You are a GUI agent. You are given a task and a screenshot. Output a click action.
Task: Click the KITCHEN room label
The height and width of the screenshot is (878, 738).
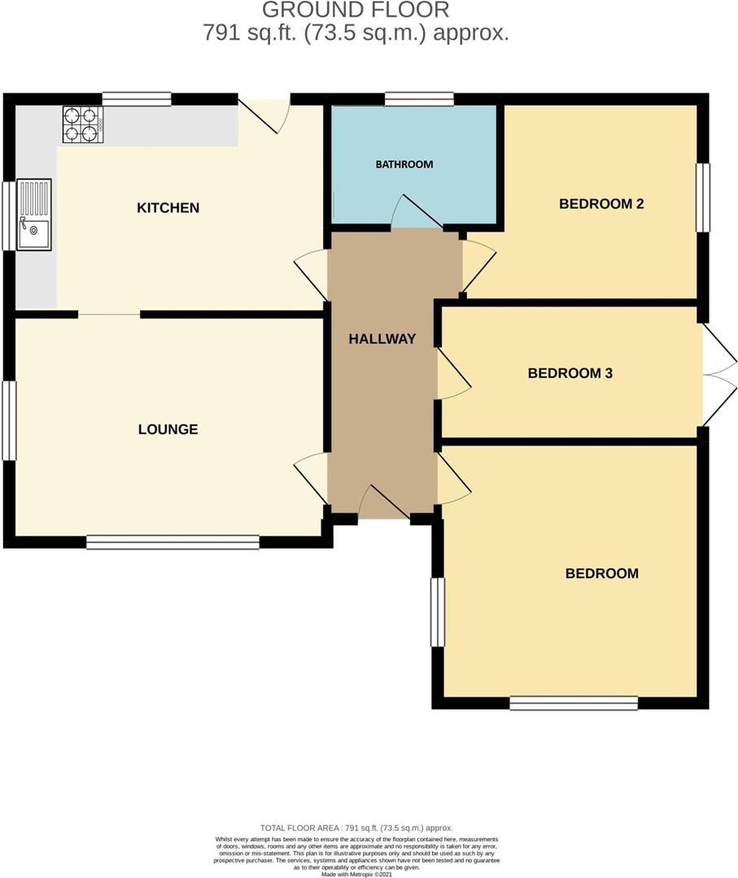click(168, 208)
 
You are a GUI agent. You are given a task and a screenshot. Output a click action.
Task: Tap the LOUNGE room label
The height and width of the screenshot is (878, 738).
click(168, 429)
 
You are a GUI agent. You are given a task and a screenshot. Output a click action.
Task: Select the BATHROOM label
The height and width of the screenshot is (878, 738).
click(404, 164)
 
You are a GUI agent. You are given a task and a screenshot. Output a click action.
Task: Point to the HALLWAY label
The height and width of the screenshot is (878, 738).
click(382, 339)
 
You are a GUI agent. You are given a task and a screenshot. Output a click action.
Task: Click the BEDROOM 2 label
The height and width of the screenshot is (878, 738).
click(601, 204)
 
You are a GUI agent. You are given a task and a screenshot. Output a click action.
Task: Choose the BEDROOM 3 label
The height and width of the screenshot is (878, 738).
click(570, 373)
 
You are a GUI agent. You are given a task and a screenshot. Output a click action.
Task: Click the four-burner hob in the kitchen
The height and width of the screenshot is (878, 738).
click(82, 124)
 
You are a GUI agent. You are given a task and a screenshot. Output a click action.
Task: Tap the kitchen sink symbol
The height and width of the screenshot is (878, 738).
click(33, 215)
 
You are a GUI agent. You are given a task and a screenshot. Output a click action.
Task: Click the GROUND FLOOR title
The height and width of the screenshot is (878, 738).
click(355, 11)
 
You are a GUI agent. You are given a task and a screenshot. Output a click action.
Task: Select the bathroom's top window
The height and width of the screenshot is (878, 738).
click(419, 99)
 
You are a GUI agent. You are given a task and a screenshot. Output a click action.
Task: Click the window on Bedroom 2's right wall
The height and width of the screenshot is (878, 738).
click(703, 198)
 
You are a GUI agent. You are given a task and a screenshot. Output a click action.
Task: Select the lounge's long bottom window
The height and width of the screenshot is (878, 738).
click(172, 541)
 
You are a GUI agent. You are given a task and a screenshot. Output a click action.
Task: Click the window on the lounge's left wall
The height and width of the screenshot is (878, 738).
click(9, 420)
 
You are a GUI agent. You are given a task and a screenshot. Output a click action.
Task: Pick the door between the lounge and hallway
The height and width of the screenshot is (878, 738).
click(312, 478)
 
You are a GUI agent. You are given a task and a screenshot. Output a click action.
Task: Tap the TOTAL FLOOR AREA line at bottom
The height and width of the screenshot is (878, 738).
click(356, 827)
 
